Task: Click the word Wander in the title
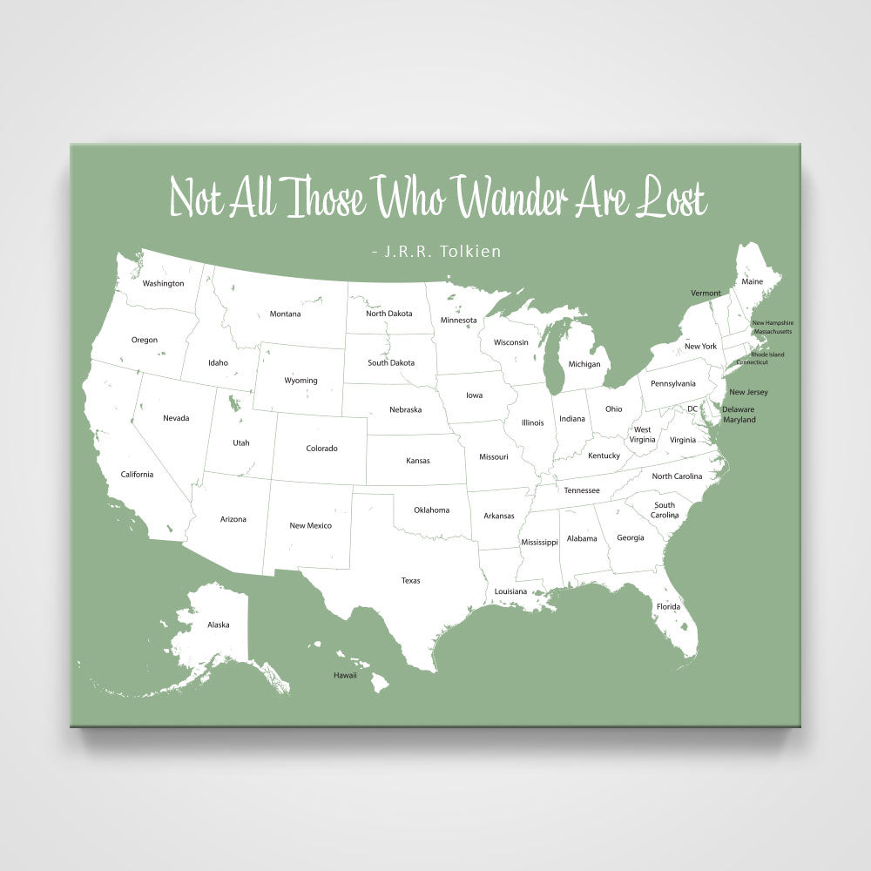tap(513, 199)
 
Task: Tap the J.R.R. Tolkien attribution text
tap(435, 252)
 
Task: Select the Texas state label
tap(410, 580)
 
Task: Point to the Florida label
tap(669, 606)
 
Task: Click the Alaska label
tap(219, 625)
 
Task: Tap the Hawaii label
tap(345, 675)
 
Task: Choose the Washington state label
tap(164, 283)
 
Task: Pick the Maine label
tap(752, 281)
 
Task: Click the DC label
tap(692, 408)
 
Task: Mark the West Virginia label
tap(643, 435)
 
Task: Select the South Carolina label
tap(665, 510)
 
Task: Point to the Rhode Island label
tap(767, 354)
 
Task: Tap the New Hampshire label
tap(773, 323)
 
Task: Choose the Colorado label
tap(321, 449)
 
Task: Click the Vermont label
tap(706, 293)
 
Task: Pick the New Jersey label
tap(748, 392)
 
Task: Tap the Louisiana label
tap(510, 591)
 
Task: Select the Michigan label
tap(584, 364)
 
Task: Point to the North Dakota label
tap(388, 314)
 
